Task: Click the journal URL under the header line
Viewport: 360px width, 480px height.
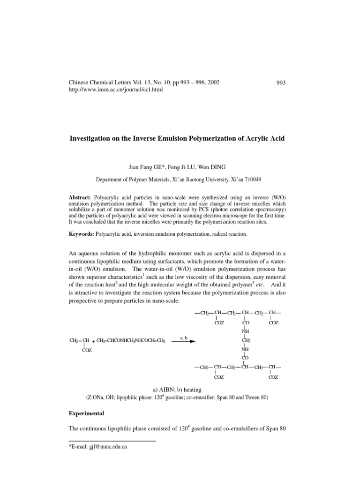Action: point(116,90)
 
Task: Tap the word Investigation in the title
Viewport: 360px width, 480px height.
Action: point(92,139)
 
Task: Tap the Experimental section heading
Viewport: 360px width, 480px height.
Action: point(86,415)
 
